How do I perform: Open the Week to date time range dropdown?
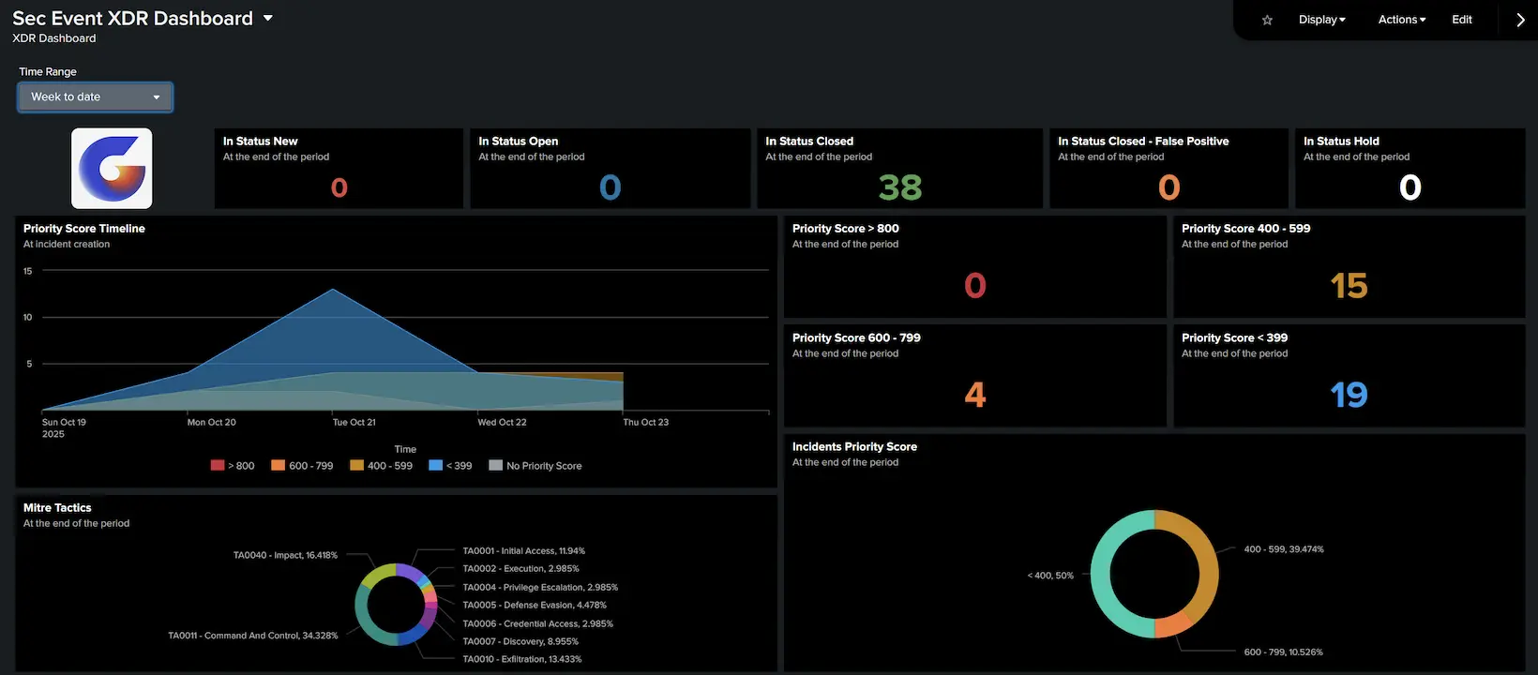pyautogui.click(x=95, y=97)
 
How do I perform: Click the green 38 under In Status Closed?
pyautogui.click(x=899, y=187)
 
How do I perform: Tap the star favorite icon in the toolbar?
pyautogui.click(x=1267, y=20)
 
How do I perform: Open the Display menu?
pyautogui.click(x=1321, y=20)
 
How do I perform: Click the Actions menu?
pyautogui.click(x=1401, y=20)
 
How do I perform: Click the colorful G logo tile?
pyautogui.click(x=112, y=169)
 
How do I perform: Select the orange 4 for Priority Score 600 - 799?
pyautogui.click(x=974, y=395)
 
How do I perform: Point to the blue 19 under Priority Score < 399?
pyautogui.click(x=1349, y=395)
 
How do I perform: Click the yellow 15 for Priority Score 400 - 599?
pyautogui.click(x=1349, y=285)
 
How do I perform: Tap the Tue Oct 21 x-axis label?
pyautogui.click(x=354, y=423)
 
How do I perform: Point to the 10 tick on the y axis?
pyautogui.click(x=27, y=318)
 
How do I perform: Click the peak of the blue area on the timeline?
pyautogui.click(x=333, y=291)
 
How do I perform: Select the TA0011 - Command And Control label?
pyautogui.click(x=252, y=636)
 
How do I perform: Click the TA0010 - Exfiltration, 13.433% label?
pyautogui.click(x=521, y=659)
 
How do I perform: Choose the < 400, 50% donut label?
pyautogui.click(x=1050, y=576)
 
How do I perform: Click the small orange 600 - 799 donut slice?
pyautogui.click(x=1172, y=625)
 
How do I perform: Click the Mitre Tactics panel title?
pyautogui.click(x=57, y=508)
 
